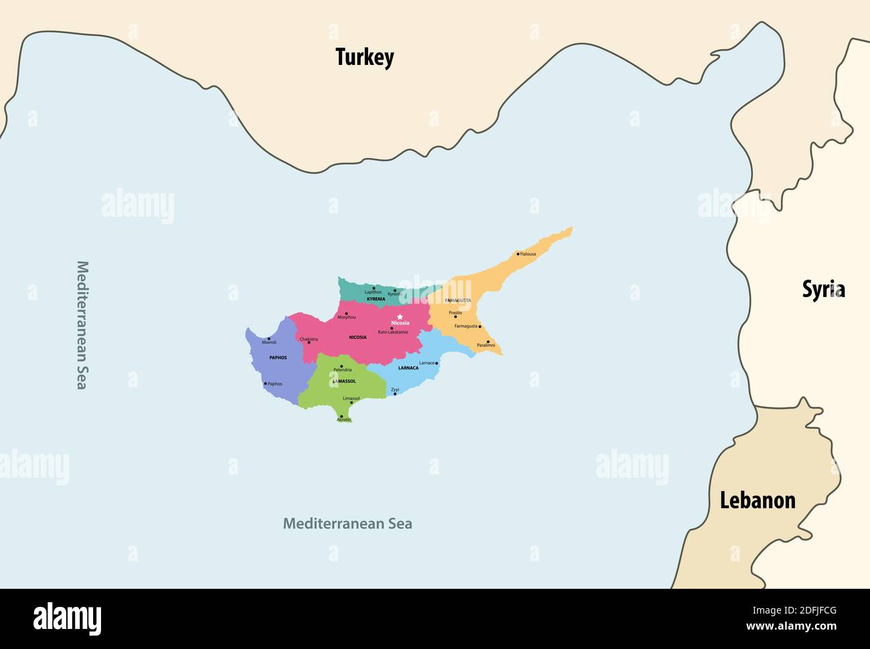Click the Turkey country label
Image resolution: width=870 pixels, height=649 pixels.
point(365,58)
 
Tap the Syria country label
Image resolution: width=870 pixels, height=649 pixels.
point(823,289)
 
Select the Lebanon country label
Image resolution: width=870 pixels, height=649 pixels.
point(758,500)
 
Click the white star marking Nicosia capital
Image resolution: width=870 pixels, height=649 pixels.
point(400,316)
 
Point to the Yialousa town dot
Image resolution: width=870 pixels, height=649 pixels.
point(518,254)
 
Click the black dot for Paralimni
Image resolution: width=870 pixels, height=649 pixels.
point(488,341)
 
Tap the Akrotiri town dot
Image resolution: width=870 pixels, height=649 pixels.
point(342,416)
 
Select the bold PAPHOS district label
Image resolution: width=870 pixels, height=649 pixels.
point(278,357)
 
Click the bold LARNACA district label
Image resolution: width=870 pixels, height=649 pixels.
point(408,368)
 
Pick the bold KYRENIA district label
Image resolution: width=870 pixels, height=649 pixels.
point(375,298)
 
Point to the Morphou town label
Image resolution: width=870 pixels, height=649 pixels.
point(347,316)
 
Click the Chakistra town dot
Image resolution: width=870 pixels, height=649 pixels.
point(309,343)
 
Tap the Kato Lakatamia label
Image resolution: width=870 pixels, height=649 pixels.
point(393,332)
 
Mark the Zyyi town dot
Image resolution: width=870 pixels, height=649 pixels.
point(395,393)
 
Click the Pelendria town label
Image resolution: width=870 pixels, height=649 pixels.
point(342,370)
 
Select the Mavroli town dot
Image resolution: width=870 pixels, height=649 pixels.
point(269,339)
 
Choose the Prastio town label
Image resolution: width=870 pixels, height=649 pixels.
point(455,312)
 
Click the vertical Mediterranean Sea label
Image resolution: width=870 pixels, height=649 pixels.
point(82,324)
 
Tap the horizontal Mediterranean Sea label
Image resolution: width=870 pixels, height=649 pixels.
point(347,523)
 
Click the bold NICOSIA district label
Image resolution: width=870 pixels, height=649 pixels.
point(357,337)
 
